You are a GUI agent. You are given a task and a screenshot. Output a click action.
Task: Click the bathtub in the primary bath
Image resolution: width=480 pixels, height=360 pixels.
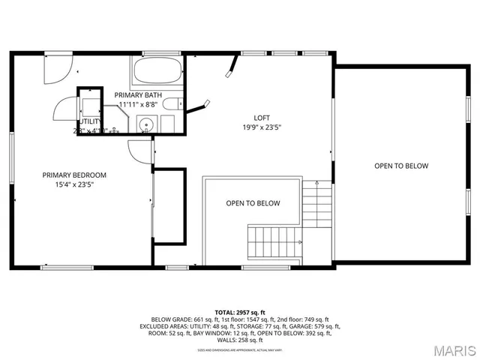[157, 73]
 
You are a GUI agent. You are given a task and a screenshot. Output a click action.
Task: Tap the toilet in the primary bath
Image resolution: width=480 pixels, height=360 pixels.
[170, 104]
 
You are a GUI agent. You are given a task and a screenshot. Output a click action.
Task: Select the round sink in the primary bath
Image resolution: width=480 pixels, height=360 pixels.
[147, 124]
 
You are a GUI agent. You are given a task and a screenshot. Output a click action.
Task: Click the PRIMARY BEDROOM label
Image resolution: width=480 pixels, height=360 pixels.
[74, 175]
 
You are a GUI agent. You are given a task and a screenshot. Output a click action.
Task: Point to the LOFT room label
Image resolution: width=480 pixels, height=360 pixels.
[261, 117]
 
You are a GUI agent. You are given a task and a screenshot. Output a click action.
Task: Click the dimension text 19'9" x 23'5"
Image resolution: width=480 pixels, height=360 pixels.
[261, 127]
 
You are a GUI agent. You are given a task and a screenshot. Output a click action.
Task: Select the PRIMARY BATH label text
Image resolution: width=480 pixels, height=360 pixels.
[138, 95]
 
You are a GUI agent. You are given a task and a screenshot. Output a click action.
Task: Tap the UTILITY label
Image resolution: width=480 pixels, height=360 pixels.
[91, 120]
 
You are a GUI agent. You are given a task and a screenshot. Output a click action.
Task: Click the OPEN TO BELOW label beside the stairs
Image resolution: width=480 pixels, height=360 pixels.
[253, 203]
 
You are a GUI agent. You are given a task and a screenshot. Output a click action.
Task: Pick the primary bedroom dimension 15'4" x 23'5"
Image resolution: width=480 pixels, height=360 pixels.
[74, 184]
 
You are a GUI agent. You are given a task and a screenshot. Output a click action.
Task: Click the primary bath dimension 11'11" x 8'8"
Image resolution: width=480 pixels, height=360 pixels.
[138, 105]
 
